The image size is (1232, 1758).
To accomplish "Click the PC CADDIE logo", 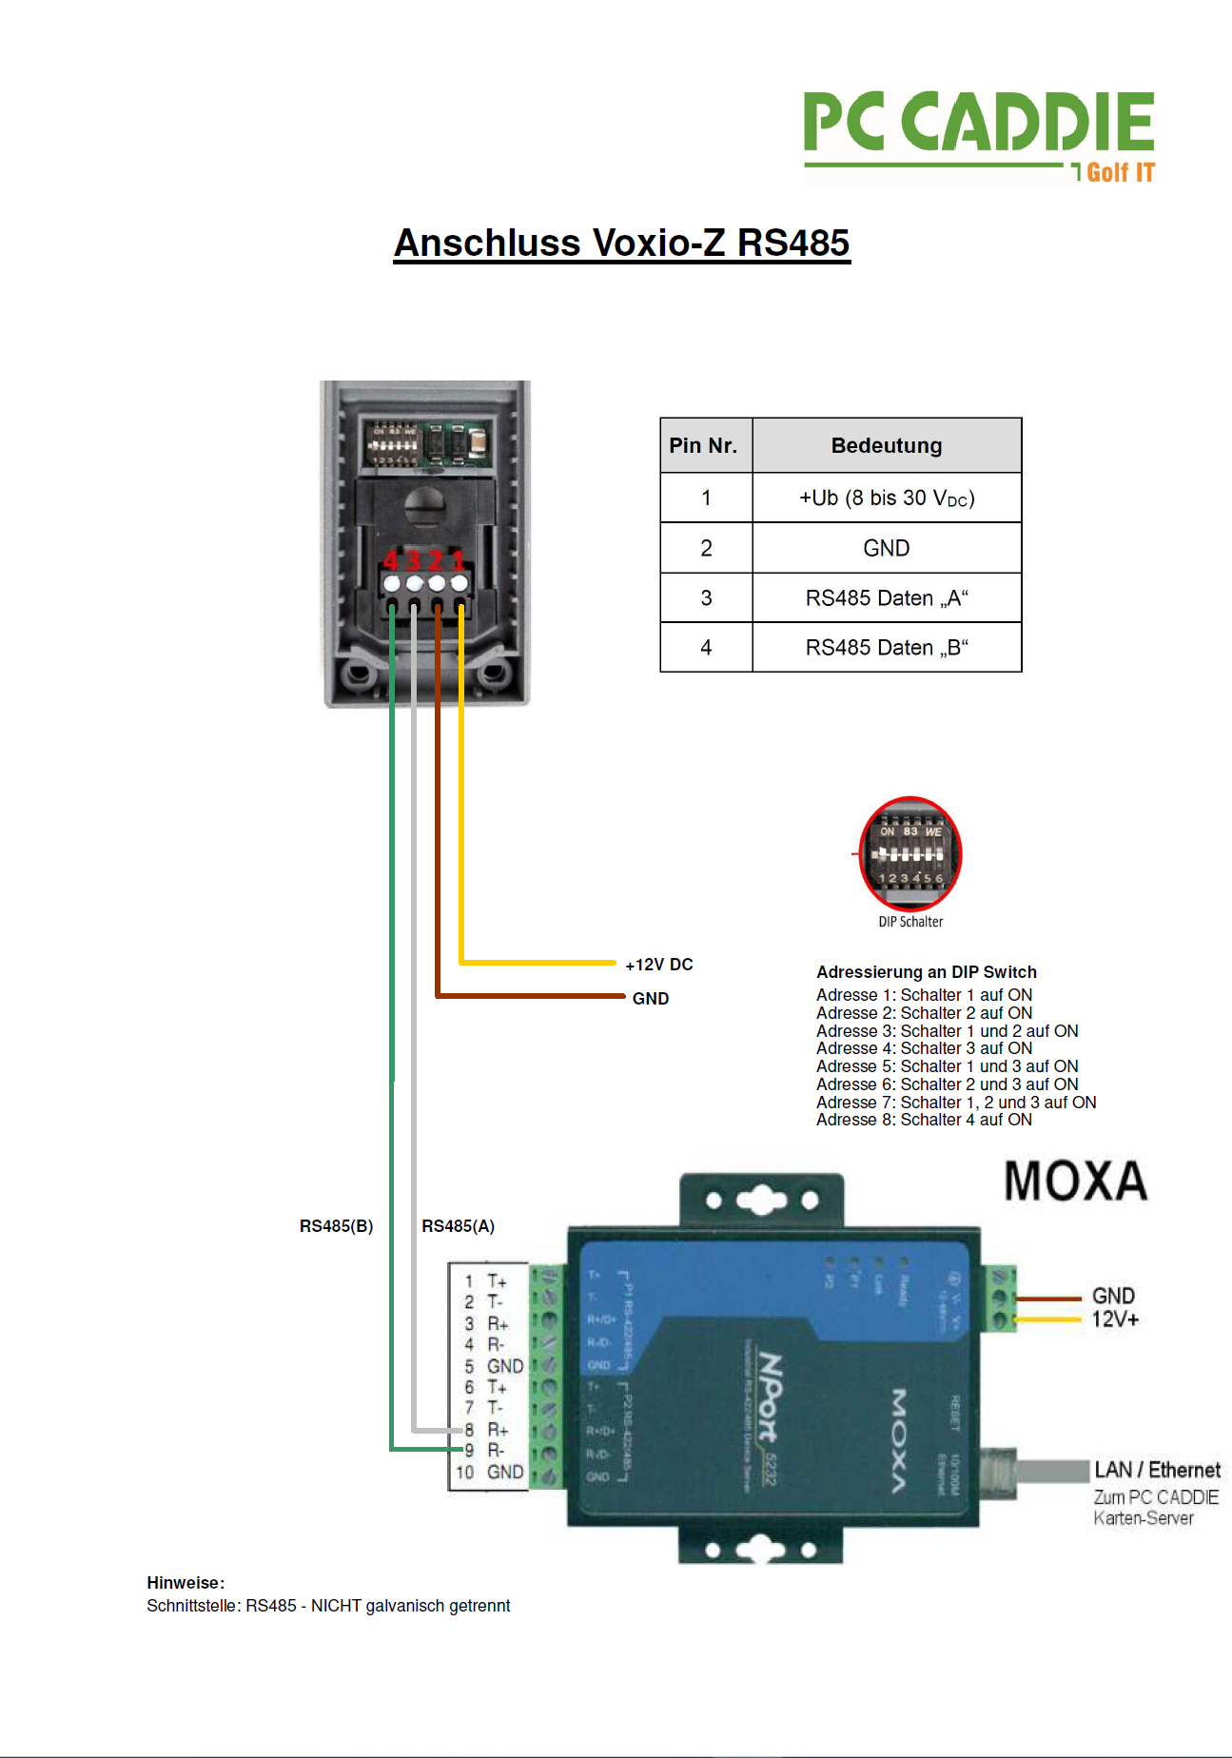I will pyautogui.click(x=978, y=133).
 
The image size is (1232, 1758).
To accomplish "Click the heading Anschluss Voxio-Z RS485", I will pyautogui.click(x=621, y=243).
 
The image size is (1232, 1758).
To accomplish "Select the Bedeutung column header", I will pyautogui.click(x=886, y=445).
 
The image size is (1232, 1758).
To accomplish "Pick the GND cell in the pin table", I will pyautogui.click(x=886, y=548).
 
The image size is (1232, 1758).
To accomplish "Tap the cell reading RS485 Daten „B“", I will pyautogui.click(x=886, y=648).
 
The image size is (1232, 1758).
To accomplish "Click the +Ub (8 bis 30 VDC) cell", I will pyautogui.click(x=886, y=498).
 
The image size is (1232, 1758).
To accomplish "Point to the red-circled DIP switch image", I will pyautogui.click(x=909, y=854).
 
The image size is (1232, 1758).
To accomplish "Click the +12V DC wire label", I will pyautogui.click(x=658, y=965).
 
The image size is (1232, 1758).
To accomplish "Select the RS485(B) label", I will pyautogui.click(x=336, y=1226).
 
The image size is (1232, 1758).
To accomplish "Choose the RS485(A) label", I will pyautogui.click(x=458, y=1226).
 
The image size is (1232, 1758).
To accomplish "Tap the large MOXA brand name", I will pyautogui.click(x=1075, y=1182).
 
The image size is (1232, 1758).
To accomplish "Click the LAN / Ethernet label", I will pyautogui.click(x=1156, y=1470).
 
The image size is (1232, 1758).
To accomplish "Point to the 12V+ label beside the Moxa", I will pyautogui.click(x=1115, y=1319).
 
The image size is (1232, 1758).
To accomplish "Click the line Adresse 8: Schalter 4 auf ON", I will pyautogui.click(x=923, y=1120).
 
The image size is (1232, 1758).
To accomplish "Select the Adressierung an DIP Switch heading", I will pyautogui.click(x=926, y=972).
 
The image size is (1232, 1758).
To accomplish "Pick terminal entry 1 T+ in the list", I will pyautogui.click(x=486, y=1281).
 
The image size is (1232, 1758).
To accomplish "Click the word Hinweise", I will pyautogui.click(x=185, y=1583).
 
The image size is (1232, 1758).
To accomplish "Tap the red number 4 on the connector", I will pyautogui.click(x=391, y=560).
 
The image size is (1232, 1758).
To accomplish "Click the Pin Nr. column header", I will pyautogui.click(x=703, y=445).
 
